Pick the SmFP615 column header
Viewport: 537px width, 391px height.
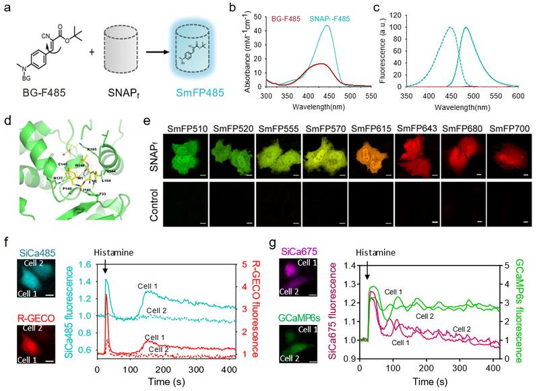(x=338, y=125)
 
